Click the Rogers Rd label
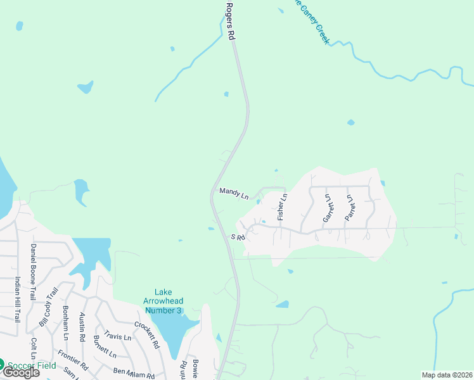coord(231,20)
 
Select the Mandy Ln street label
coord(234,193)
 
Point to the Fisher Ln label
coord(283,207)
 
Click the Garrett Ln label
coord(327,208)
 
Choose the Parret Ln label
coord(349,208)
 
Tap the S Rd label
coord(238,237)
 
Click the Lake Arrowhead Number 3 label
coord(163,301)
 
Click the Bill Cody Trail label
coord(48,307)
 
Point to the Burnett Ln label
coord(105,348)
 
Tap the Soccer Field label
coord(32,365)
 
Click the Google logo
coord(21,373)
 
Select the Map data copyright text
coord(447,375)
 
